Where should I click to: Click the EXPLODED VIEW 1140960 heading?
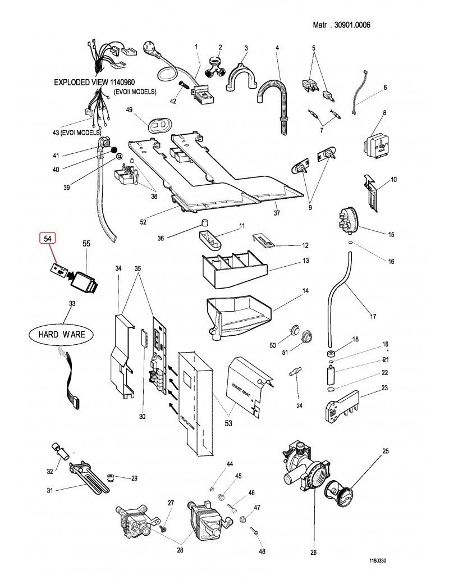coord(97,82)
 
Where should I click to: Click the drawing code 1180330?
coord(379,560)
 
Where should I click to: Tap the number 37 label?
coord(277,213)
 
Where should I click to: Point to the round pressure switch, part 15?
coord(348,218)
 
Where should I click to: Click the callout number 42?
coord(173,102)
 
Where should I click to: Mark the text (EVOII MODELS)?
coord(135,91)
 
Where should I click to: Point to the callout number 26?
coord(313,551)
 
